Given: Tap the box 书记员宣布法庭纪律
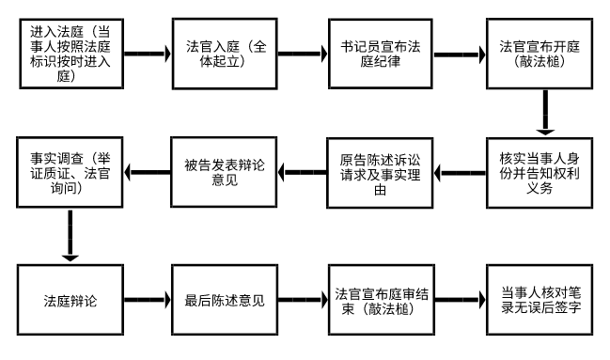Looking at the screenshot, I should [x=379, y=53].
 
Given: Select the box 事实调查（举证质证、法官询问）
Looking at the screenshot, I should [x=70, y=173].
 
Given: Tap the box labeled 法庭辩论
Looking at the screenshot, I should [x=70, y=302].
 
